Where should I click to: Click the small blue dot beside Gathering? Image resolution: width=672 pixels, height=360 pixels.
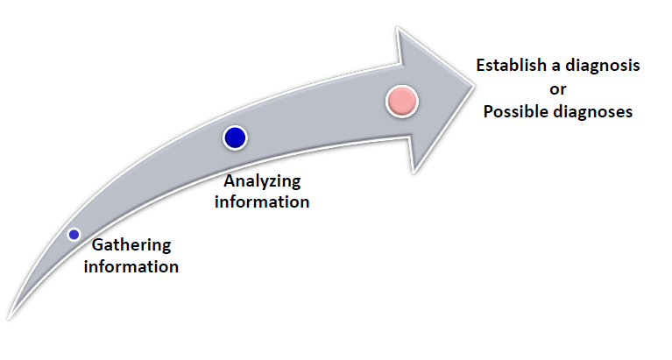pos(74,234)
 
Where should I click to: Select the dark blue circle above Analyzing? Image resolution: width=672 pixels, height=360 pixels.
pos(235,138)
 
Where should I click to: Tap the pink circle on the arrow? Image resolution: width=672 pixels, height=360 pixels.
pos(402,102)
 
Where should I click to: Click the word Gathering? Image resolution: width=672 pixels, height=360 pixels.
pos(131,244)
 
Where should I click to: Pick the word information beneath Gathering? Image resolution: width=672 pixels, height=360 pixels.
pos(131,265)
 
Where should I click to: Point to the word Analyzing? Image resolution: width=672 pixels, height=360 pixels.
pos(262,181)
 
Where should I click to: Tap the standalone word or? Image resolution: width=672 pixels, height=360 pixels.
pos(557,88)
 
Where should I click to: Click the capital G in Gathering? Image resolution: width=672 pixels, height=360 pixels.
pos(97,244)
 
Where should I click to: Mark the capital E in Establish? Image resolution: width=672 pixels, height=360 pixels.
pos(480,66)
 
